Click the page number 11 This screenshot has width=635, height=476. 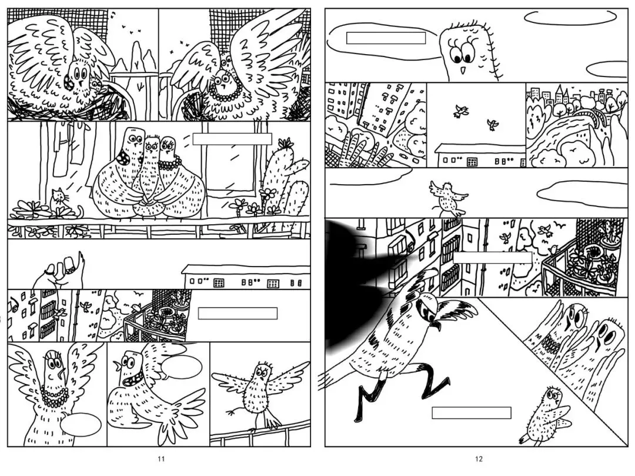[x=161, y=459]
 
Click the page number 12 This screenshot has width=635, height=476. [x=479, y=459]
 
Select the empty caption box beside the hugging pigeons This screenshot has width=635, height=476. [x=232, y=139]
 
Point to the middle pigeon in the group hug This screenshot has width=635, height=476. [x=151, y=178]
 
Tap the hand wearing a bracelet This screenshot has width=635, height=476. [x=58, y=271]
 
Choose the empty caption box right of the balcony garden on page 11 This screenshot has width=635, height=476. [x=238, y=314]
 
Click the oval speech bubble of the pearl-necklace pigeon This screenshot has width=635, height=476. [x=82, y=425]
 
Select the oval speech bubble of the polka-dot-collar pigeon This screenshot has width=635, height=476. [x=182, y=367]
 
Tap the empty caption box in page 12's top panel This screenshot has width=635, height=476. [x=386, y=38]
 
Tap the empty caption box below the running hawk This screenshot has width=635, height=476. [x=472, y=413]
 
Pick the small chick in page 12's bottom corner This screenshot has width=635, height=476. [x=544, y=417]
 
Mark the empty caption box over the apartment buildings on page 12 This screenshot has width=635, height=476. [x=493, y=258]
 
